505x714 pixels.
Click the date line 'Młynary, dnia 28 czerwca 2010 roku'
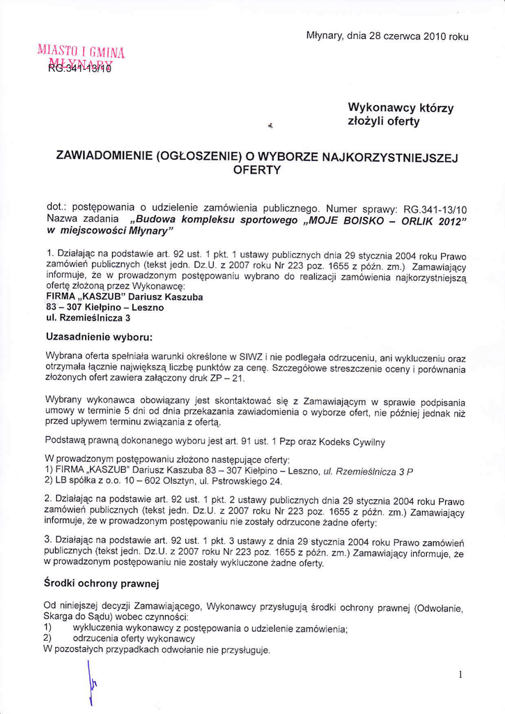tap(387, 36)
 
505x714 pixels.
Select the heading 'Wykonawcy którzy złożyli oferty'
tap(400, 114)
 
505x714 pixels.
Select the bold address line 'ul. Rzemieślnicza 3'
tap(88, 318)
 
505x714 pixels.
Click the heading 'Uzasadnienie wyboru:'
tap(98, 337)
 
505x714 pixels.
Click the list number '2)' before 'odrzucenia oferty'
tap(48, 639)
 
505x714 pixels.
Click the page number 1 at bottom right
tap(460, 674)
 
